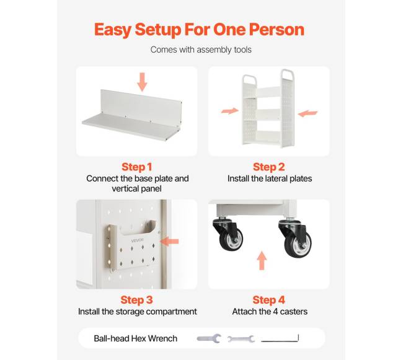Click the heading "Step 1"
pyautogui.click(x=137, y=167)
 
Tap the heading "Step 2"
pyautogui.click(x=269, y=167)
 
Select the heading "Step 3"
pyautogui.click(x=137, y=300)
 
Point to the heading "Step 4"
pyautogui.click(x=269, y=300)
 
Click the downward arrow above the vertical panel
pyautogui.click(x=142, y=82)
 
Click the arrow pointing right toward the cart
pyautogui.click(x=230, y=111)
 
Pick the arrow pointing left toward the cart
pyautogui.click(x=308, y=113)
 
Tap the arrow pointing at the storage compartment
pyautogui.click(x=169, y=242)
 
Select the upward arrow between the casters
pyautogui.click(x=262, y=260)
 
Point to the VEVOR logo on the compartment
pyautogui.click(x=138, y=240)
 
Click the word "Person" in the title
pyautogui.click(x=277, y=29)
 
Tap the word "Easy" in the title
pyautogui.click(x=113, y=30)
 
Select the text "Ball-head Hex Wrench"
pyautogui.click(x=135, y=338)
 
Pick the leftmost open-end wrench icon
pyautogui.click(x=209, y=339)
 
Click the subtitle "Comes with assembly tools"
pyautogui.click(x=201, y=50)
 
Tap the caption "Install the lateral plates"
pyautogui.click(x=270, y=178)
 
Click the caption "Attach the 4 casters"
pyautogui.click(x=270, y=312)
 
